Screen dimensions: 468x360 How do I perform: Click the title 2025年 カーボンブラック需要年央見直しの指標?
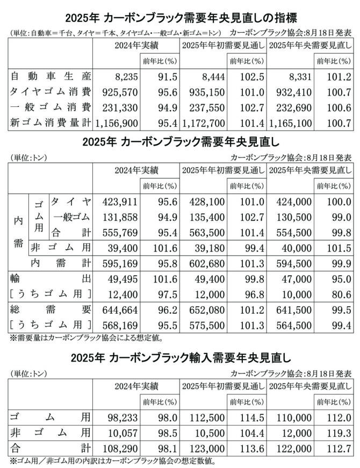coord(180,17)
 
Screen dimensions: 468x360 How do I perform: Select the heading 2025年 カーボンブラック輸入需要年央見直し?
coord(180,356)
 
